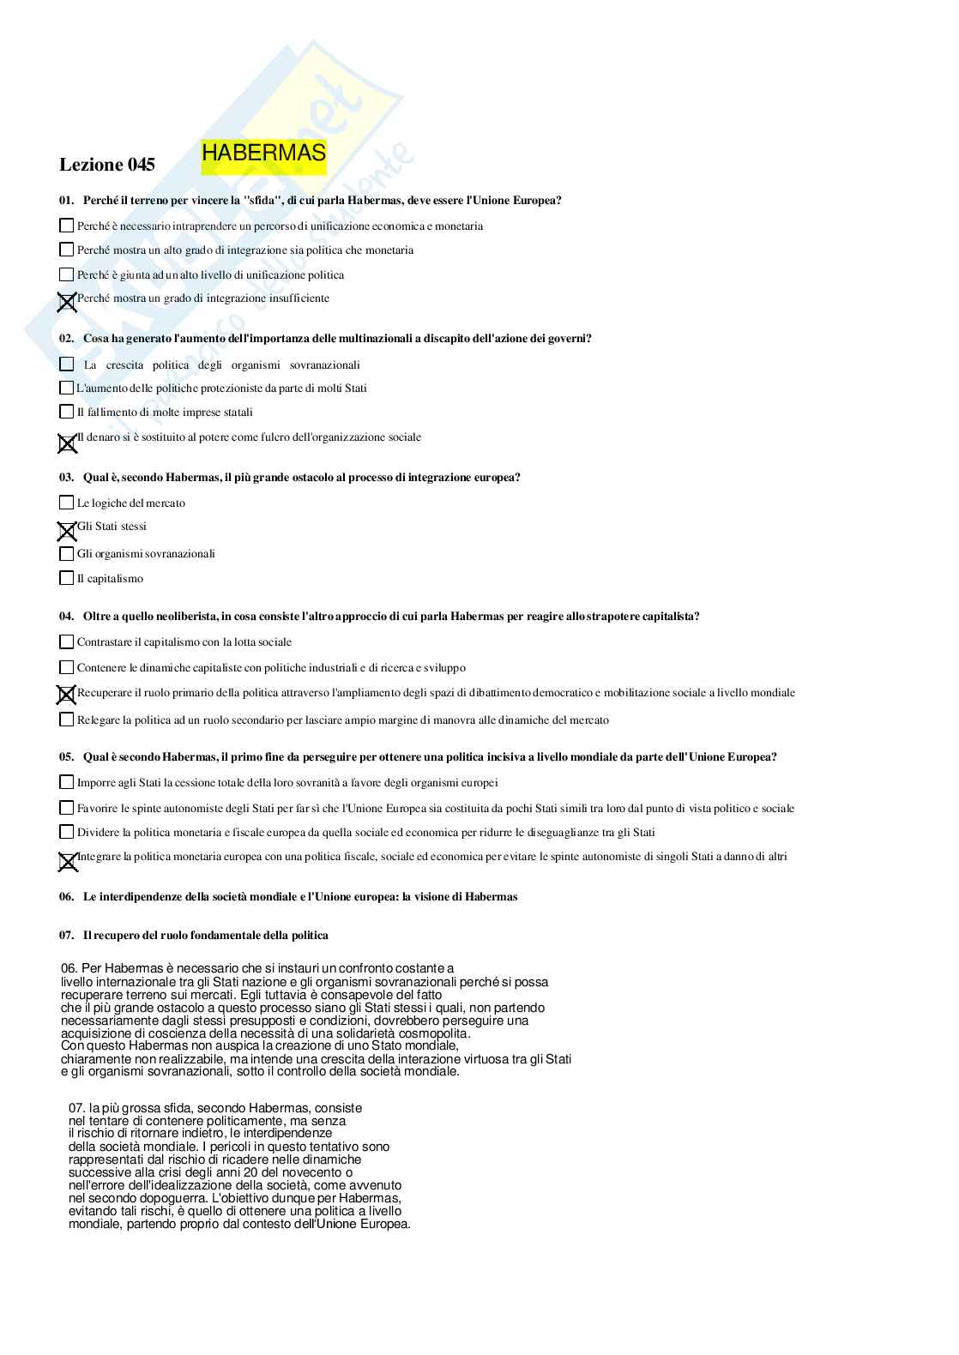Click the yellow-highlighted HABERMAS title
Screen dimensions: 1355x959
pyautogui.click(x=263, y=154)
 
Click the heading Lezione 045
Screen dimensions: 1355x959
pyautogui.click(x=107, y=165)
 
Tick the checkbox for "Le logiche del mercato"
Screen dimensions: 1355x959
pyautogui.click(x=66, y=503)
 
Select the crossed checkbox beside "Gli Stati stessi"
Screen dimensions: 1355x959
pyautogui.click(x=66, y=531)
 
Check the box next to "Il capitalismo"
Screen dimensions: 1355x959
pyautogui.click(x=66, y=578)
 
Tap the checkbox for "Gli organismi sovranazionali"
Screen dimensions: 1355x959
pyautogui.click(x=66, y=553)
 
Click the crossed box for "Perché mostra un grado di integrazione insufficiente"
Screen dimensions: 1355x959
pyautogui.click(x=66, y=301)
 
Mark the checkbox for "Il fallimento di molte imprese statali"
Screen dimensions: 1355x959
pyautogui.click(x=66, y=412)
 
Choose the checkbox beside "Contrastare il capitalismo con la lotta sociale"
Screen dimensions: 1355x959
pyautogui.click(x=66, y=641)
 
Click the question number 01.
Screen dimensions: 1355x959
pyautogui.click(x=66, y=201)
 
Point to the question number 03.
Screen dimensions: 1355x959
pyautogui.click(x=66, y=478)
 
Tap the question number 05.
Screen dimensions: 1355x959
pyautogui.click(x=66, y=757)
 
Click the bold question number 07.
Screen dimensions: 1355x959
pyautogui.click(x=66, y=936)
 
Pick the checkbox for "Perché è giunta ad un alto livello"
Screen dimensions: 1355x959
pyautogui.click(x=66, y=274)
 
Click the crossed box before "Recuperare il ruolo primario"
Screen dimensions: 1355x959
pyautogui.click(x=66, y=694)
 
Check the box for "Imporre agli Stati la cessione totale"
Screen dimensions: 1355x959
pyautogui.click(x=66, y=782)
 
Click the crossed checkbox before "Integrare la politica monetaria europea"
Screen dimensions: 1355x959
pyautogui.click(x=67, y=861)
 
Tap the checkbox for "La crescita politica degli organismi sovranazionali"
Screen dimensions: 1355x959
pyautogui.click(x=66, y=364)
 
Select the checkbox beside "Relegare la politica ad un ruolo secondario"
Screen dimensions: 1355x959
pyautogui.click(x=66, y=720)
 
